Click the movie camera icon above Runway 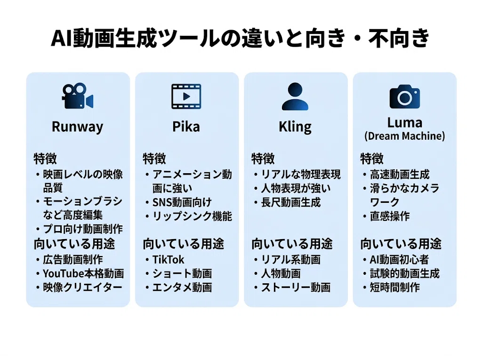(x=78, y=96)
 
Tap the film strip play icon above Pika (x=186, y=96)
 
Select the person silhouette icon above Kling (x=295, y=96)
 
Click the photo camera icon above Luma (x=404, y=96)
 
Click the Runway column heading (x=78, y=127)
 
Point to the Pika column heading (x=186, y=127)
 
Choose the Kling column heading (x=295, y=127)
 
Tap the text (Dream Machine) (x=404, y=136)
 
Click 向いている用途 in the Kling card (x=292, y=244)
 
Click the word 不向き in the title (x=399, y=38)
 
